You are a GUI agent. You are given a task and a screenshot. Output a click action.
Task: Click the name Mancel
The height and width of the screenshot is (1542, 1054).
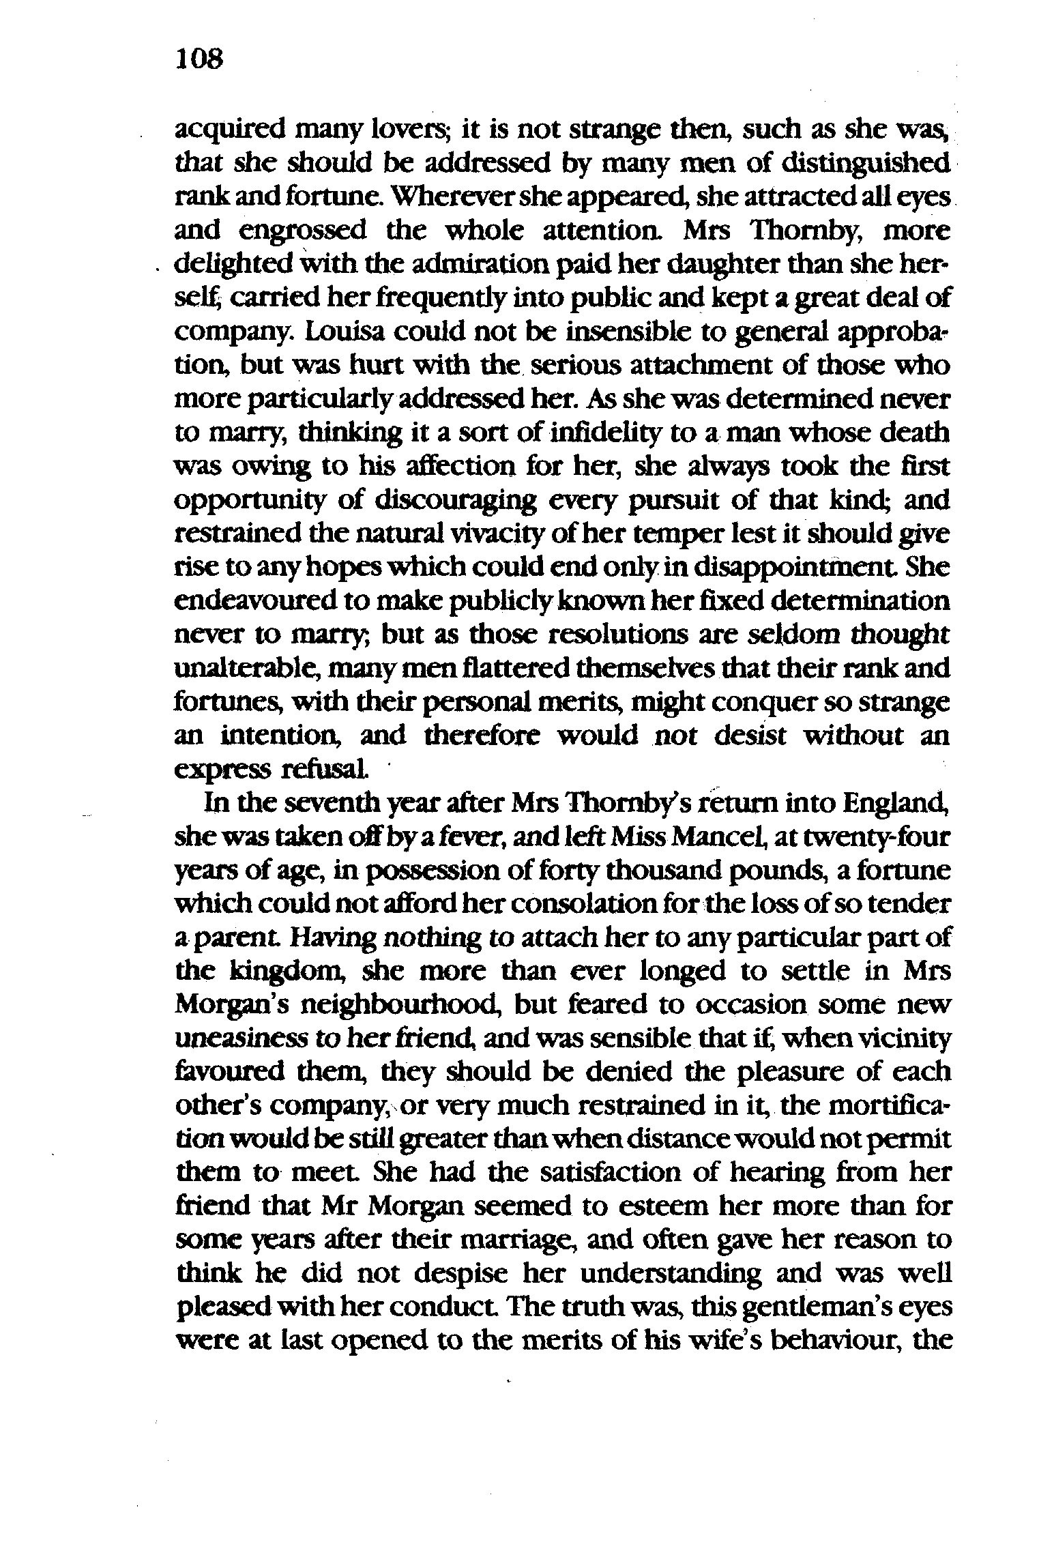[x=716, y=837]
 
